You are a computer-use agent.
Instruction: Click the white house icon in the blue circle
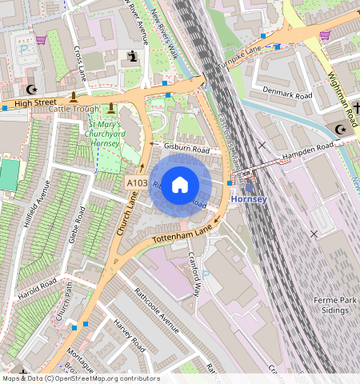pyautogui.click(x=180, y=185)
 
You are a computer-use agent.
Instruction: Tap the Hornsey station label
pyautogui.click(x=247, y=198)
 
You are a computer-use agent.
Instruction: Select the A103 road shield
pyautogui.click(x=137, y=184)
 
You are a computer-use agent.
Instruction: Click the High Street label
pyautogui.click(x=35, y=102)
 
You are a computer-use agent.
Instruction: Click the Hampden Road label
pyautogui.click(x=306, y=150)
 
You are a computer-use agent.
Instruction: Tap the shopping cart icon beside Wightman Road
pyautogui.click(x=325, y=35)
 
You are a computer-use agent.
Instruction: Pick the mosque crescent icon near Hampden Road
pyautogui.click(x=341, y=129)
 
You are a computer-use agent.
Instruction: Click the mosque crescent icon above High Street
pyautogui.click(x=32, y=90)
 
